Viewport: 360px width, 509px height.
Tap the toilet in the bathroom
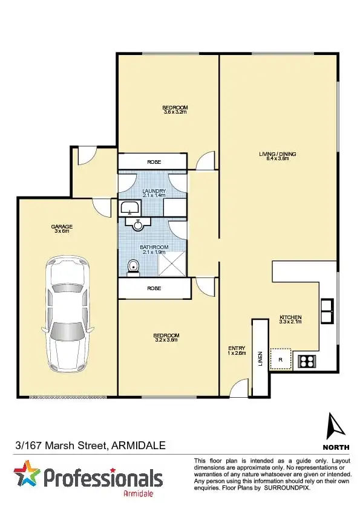point(133,267)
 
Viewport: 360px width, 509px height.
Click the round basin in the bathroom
point(139,224)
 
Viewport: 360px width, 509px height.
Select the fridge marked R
point(280,360)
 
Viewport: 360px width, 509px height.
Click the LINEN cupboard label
point(261,358)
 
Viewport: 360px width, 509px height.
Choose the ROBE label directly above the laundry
point(154,162)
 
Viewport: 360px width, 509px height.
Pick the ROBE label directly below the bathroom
point(154,289)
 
